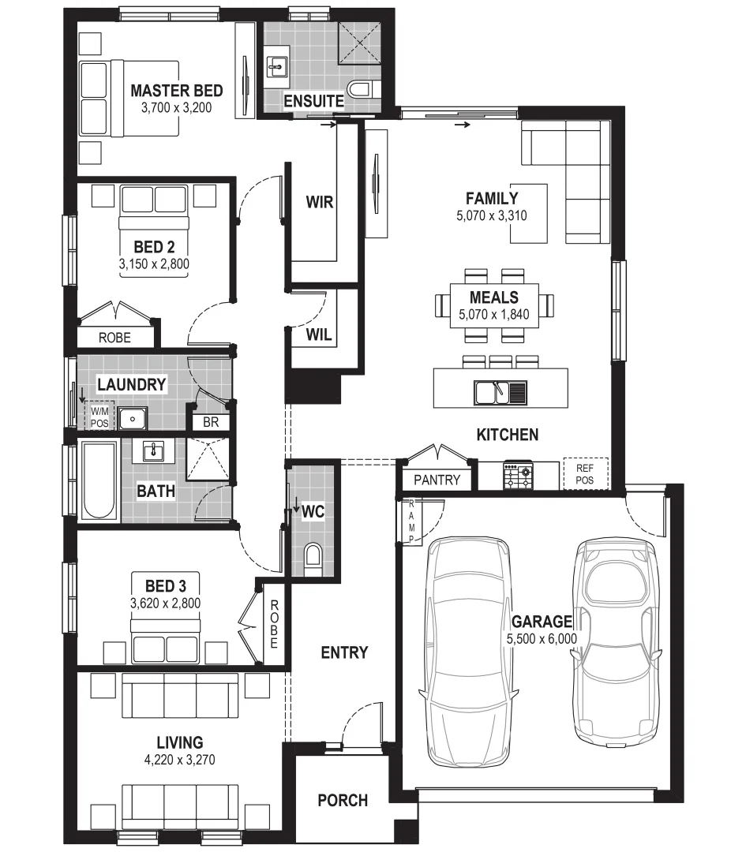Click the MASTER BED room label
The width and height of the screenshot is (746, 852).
(176, 90)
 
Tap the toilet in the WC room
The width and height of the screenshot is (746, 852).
(313, 555)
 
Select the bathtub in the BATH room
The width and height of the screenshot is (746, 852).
(99, 480)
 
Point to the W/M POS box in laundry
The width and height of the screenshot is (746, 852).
(99, 416)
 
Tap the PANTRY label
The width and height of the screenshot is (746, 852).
(437, 480)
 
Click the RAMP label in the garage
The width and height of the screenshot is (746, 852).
(411, 521)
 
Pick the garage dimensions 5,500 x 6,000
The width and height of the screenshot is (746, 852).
(542, 639)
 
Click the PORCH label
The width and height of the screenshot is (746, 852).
(343, 800)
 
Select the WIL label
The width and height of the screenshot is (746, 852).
(319, 334)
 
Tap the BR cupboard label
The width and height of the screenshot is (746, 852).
(210, 422)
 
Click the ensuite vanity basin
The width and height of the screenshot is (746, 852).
(277, 67)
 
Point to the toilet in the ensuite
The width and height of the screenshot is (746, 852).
(362, 91)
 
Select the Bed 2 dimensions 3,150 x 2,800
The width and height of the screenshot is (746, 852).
(154, 264)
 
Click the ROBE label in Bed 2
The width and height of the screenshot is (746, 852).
(114, 338)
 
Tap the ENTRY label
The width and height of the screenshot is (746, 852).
(344, 652)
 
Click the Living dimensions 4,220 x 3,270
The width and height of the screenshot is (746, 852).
(180, 760)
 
